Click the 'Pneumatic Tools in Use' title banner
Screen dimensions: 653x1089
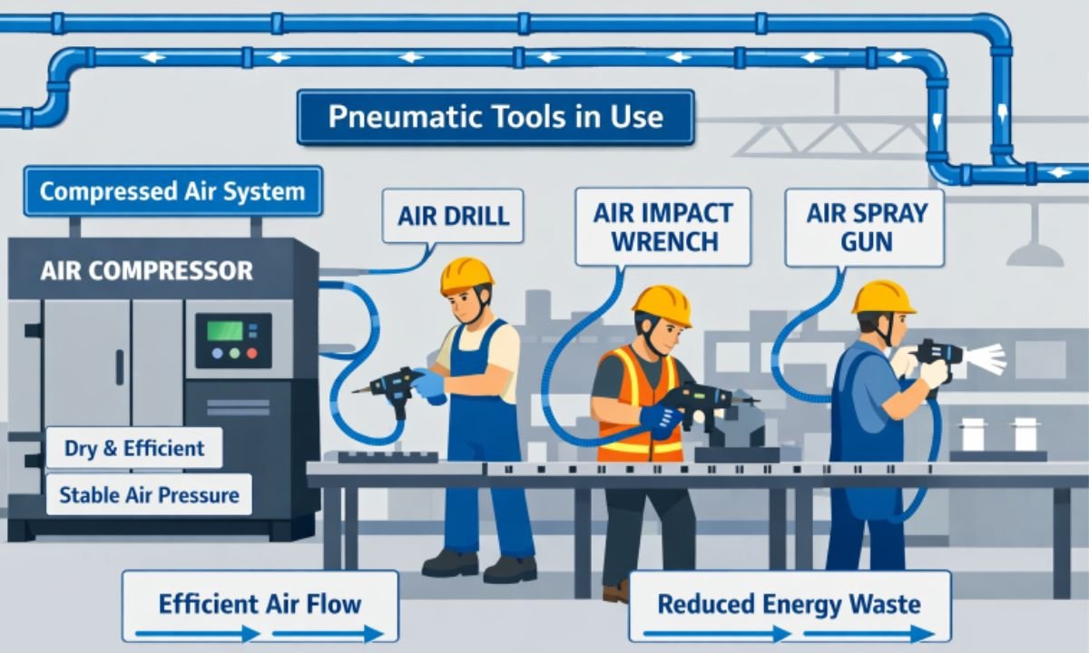coord(495,117)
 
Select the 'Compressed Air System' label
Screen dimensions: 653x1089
coord(172,191)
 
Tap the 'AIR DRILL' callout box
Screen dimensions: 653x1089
coord(452,216)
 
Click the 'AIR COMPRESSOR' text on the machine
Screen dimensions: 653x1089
coord(146,270)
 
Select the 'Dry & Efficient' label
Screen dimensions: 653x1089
coord(134,448)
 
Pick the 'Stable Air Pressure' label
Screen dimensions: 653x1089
coord(149,494)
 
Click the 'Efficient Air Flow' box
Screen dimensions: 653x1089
coord(260,605)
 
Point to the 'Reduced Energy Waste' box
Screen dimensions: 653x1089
coord(789,605)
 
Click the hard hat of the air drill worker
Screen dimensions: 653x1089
coord(466,275)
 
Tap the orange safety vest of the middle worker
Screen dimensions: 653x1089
coord(638,399)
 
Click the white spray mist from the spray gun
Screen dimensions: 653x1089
coord(986,359)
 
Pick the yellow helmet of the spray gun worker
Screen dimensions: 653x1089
coord(883,297)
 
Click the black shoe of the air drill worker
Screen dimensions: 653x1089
coord(448,563)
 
